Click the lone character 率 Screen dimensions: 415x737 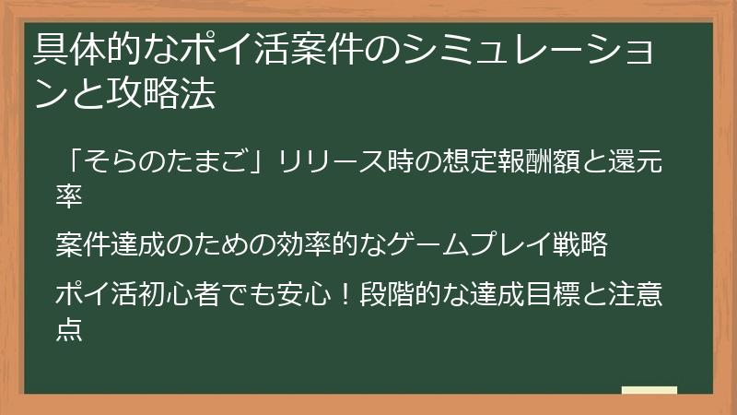tap(70, 196)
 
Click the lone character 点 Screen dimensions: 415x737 tap(70, 328)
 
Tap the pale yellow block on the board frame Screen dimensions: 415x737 tap(649, 390)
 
